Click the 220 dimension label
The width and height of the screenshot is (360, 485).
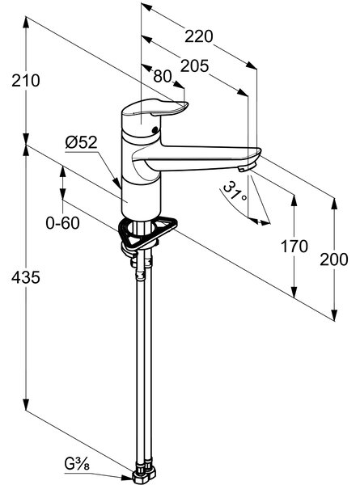click(199, 36)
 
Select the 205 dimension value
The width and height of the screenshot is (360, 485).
click(195, 66)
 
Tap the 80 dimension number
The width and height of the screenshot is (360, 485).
click(163, 76)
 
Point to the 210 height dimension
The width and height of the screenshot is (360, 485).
click(26, 80)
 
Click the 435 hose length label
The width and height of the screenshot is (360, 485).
click(26, 276)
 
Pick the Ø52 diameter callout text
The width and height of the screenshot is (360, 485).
click(82, 142)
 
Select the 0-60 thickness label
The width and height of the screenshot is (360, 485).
click(62, 223)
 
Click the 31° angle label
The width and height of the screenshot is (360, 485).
click(235, 192)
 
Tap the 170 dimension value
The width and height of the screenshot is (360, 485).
click(294, 247)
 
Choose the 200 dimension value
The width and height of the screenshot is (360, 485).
click(334, 259)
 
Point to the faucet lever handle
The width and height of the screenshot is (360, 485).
click(155, 111)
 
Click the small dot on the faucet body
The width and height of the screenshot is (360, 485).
click(155, 130)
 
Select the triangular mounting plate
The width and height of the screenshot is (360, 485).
click(147, 233)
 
